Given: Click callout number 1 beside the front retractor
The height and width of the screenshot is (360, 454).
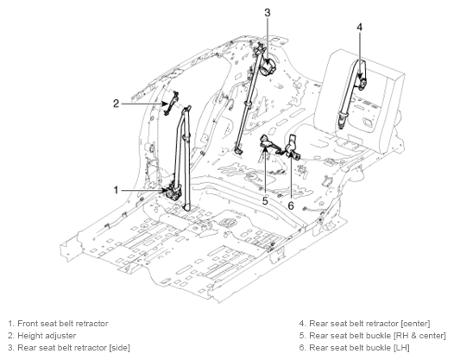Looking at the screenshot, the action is (116, 190).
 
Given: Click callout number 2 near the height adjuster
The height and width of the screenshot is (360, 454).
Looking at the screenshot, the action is (116, 104).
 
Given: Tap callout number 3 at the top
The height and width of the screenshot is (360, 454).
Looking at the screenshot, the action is (268, 13).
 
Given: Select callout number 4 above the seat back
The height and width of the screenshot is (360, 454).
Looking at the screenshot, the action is (359, 27).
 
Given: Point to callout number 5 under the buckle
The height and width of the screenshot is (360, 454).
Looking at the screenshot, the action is (265, 200).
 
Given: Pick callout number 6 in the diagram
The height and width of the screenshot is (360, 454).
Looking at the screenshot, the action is (291, 205).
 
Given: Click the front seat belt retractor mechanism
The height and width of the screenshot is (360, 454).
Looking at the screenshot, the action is (173, 192).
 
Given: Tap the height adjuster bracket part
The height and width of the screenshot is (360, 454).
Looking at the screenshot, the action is (172, 104).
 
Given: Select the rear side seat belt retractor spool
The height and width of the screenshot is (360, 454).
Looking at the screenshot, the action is (268, 67).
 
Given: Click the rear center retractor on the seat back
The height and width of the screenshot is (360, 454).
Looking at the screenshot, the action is (362, 83).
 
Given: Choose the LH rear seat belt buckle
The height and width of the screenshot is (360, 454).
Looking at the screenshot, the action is (293, 147).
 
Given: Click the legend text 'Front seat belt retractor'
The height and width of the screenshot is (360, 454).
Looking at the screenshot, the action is (63, 323).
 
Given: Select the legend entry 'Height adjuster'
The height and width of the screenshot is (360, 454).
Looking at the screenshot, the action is (47, 335).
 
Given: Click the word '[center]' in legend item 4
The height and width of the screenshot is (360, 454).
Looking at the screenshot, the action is (416, 323).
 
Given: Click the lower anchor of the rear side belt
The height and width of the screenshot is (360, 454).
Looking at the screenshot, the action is (238, 149).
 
